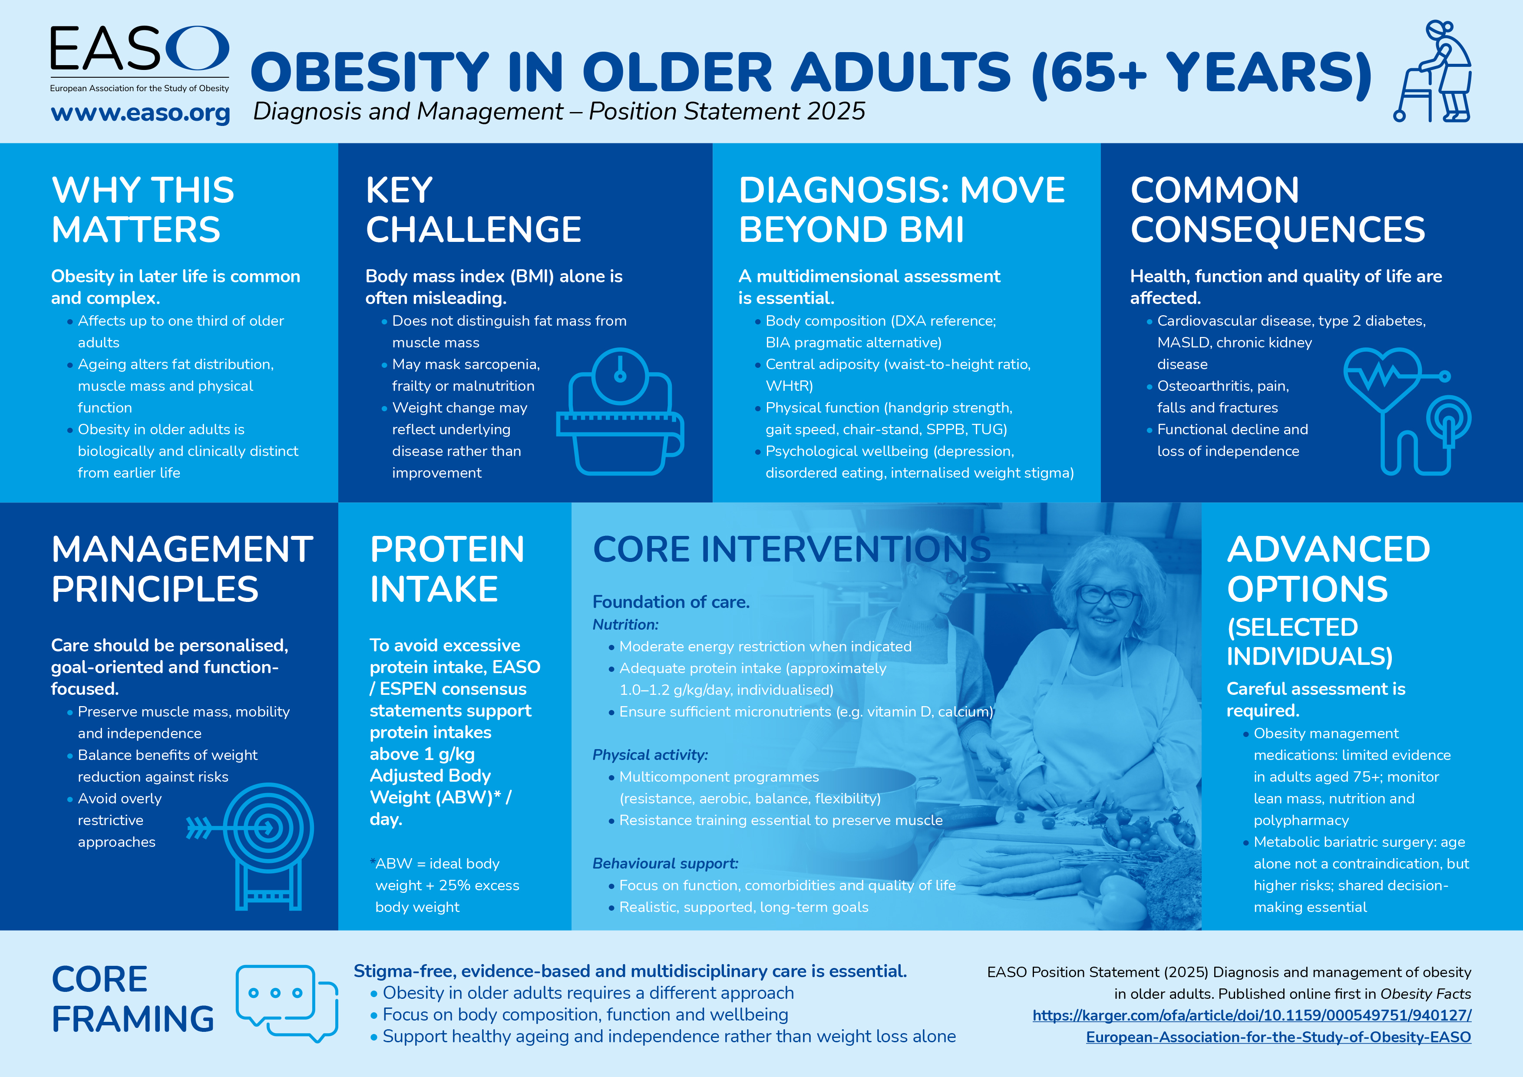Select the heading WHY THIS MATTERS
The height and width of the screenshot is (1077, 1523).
point(142,210)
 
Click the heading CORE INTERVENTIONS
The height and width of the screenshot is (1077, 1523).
point(791,550)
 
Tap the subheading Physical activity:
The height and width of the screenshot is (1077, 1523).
point(650,755)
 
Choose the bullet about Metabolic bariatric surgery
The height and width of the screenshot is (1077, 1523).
point(1360,874)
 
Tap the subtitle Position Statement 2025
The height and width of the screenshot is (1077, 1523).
point(727,112)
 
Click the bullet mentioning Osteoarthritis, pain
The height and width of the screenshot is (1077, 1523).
point(1222,396)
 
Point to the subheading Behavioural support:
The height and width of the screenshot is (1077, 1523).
point(664,863)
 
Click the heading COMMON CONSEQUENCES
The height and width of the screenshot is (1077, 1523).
point(1277,210)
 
